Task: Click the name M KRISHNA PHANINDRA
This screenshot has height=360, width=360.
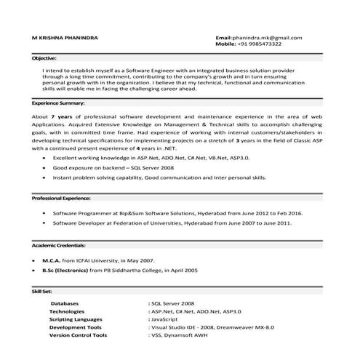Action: pos(67,36)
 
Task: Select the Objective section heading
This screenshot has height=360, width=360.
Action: pos(44,57)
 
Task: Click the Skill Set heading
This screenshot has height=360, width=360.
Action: pos(41,290)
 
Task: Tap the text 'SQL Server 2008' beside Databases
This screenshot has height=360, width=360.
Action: pos(172,303)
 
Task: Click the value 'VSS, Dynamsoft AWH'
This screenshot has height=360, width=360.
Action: pos(180,335)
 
